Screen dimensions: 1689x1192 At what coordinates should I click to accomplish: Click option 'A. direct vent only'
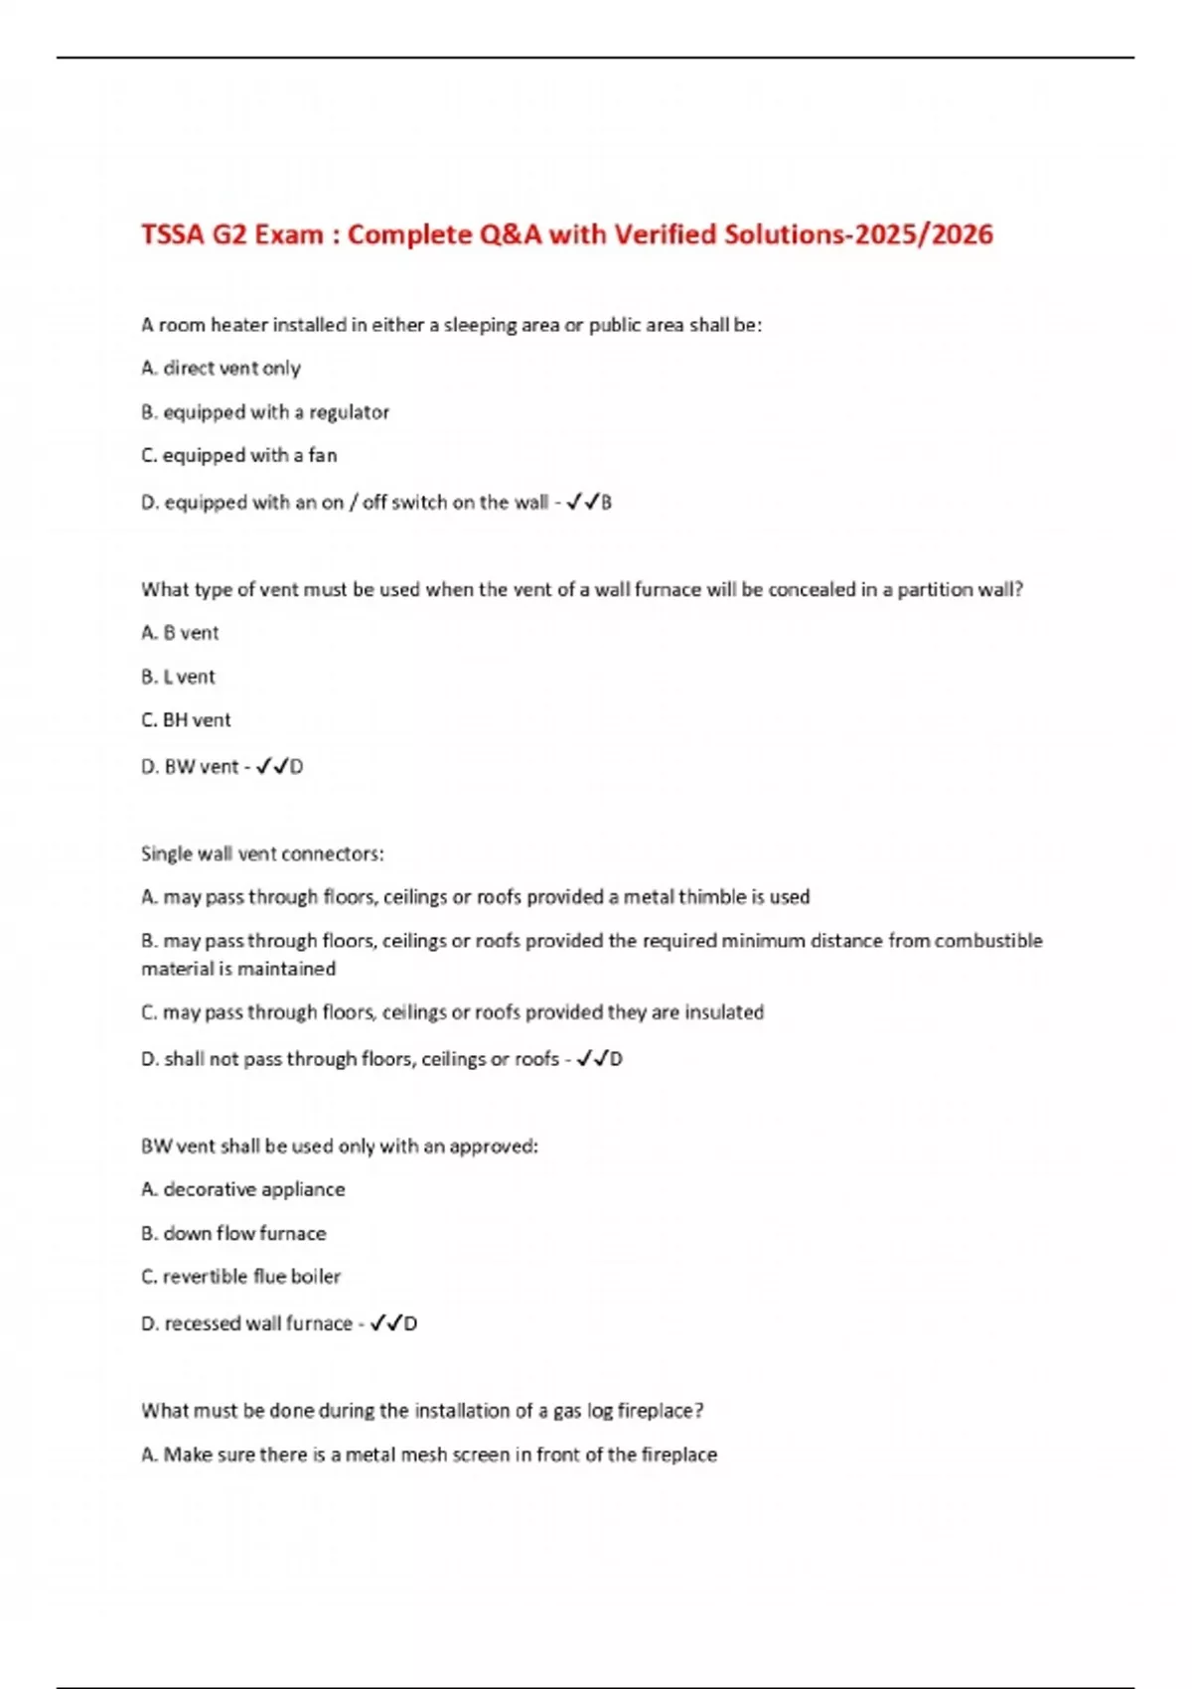coord(221,368)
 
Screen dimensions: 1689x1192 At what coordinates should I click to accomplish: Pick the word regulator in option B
coord(349,411)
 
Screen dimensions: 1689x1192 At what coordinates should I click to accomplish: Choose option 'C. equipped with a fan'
coord(239,455)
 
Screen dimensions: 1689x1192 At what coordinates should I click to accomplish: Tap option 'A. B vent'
coord(180,633)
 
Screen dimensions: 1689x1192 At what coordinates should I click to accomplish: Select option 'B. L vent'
coord(178,677)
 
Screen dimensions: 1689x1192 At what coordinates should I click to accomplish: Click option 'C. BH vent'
coord(186,720)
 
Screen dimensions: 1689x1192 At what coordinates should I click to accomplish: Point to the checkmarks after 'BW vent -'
coord(272,767)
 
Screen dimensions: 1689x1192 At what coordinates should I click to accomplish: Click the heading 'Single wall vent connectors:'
coord(262,853)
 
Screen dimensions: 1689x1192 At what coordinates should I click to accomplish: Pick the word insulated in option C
coord(724,1012)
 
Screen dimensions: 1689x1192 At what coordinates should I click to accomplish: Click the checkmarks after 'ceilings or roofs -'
coord(592,1059)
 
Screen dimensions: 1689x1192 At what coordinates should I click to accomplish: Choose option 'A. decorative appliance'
coord(243,1189)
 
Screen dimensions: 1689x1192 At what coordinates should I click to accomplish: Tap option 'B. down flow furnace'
coord(233,1233)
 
